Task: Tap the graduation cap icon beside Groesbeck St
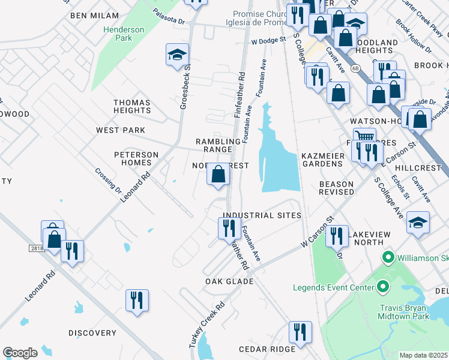click(x=178, y=56)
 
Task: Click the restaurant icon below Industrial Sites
click(x=229, y=228)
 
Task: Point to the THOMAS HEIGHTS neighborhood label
click(x=132, y=107)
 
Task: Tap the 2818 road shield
click(x=35, y=247)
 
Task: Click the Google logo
click(x=20, y=353)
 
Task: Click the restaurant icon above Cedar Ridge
click(x=300, y=331)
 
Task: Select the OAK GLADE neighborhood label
click(x=229, y=281)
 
